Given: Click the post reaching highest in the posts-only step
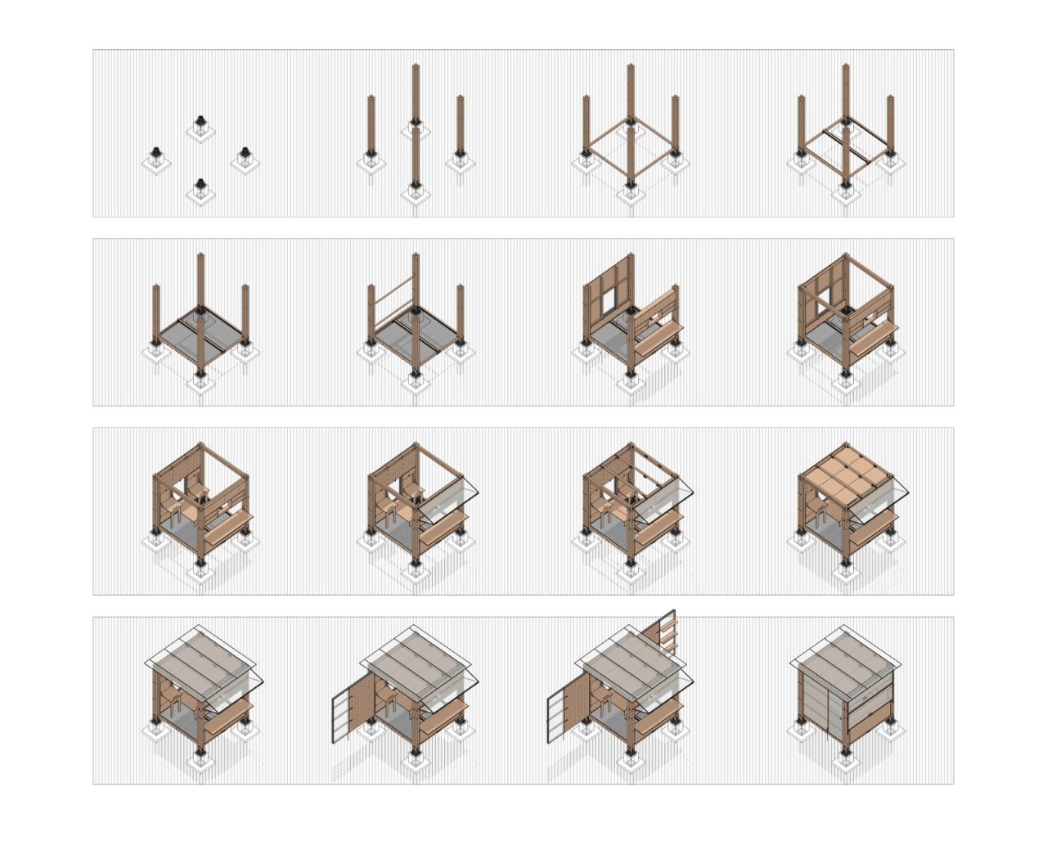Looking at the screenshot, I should pos(415,90).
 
